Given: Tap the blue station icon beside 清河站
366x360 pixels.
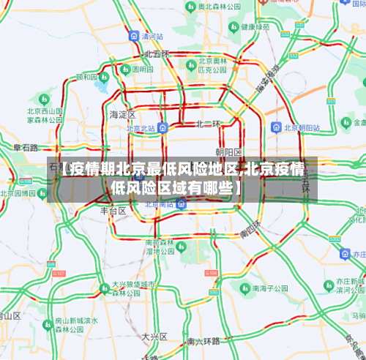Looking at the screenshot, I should click(x=134, y=35).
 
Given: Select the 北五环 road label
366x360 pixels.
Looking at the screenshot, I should click(x=156, y=54).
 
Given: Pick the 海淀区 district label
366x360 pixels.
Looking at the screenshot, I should click(x=122, y=114).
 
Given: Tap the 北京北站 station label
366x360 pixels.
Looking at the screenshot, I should click(x=141, y=128).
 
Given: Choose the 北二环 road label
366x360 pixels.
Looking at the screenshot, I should click(x=208, y=124).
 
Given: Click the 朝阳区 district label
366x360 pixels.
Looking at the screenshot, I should click(x=228, y=151).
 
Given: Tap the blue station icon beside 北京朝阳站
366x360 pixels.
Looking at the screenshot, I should click(x=275, y=127).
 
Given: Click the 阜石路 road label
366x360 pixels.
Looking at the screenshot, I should click(x=26, y=148).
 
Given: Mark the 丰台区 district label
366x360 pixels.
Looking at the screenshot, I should click(x=113, y=210).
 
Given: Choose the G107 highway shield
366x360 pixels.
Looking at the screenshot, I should click(x=60, y=273).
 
